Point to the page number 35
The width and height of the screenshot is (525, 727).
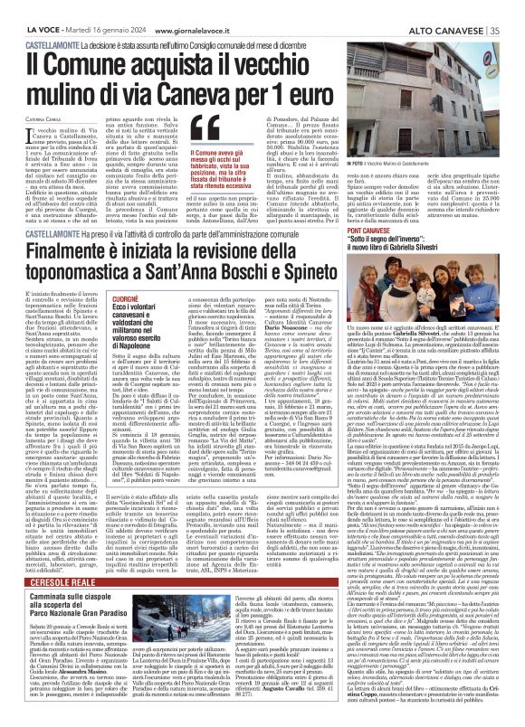pyautogui.click(x=515, y=7)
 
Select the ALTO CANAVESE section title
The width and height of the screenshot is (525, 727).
pyautogui.click(x=461, y=7)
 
